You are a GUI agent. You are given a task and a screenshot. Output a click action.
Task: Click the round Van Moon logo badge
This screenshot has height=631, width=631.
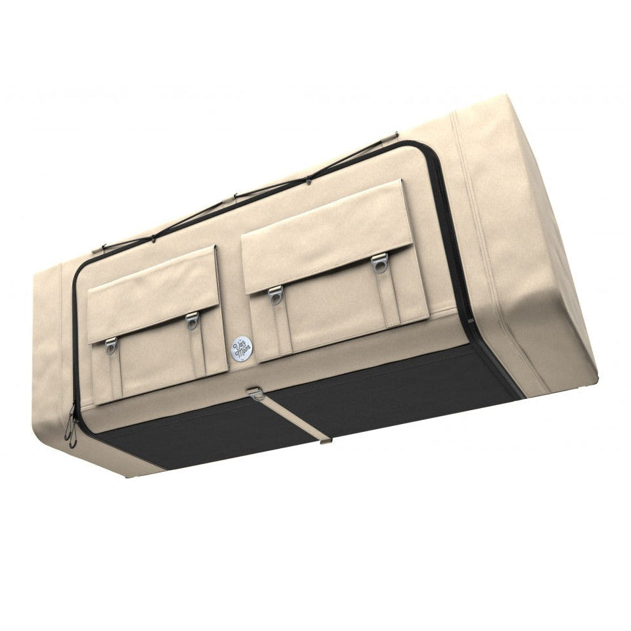[241, 348]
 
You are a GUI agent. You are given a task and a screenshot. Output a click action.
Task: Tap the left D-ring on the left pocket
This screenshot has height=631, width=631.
[110, 343]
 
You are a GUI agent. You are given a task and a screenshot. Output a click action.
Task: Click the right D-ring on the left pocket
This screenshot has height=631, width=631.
[192, 319]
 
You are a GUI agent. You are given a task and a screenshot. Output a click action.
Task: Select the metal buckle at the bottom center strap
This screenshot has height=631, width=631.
[256, 393]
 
